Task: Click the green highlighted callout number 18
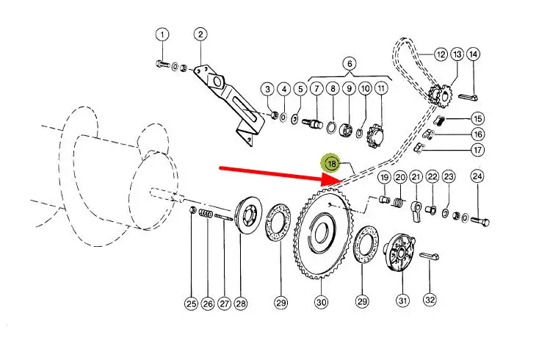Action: (331, 164)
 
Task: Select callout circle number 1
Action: (162, 35)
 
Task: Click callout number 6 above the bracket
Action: (350, 64)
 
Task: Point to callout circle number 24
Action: (477, 176)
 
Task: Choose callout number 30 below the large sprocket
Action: (322, 302)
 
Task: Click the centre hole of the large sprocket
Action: (321, 234)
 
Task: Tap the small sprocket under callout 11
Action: (375, 136)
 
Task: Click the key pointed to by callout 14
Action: (468, 97)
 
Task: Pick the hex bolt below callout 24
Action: (480, 221)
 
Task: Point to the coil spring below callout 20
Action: (399, 203)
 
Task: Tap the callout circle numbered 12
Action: (441, 54)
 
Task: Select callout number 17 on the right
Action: (478, 150)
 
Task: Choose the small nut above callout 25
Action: (192, 210)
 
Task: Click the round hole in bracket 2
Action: (217, 82)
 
